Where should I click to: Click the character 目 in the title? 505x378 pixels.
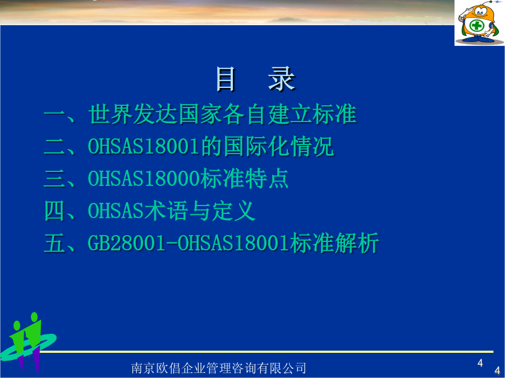[x=226, y=79]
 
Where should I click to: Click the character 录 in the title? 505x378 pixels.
[x=282, y=79]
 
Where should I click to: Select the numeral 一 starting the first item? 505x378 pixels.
[x=55, y=114]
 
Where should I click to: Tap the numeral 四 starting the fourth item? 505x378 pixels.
[x=55, y=211]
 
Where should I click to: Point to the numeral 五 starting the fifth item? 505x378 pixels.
[x=55, y=243]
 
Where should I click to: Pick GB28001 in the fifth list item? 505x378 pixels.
[x=127, y=243]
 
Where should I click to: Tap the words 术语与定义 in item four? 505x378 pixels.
[x=200, y=211]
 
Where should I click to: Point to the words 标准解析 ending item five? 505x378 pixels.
[x=334, y=243]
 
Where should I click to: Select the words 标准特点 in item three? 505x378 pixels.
[x=244, y=179]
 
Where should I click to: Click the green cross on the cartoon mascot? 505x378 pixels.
[x=477, y=25]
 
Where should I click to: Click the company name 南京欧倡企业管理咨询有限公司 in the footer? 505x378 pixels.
[x=219, y=368]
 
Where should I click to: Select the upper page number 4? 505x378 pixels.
[x=480, y=363]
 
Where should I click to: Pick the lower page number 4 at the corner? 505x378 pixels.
[x=497, y=370]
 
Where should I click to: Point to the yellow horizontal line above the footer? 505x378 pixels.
[x=267, y=352]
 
